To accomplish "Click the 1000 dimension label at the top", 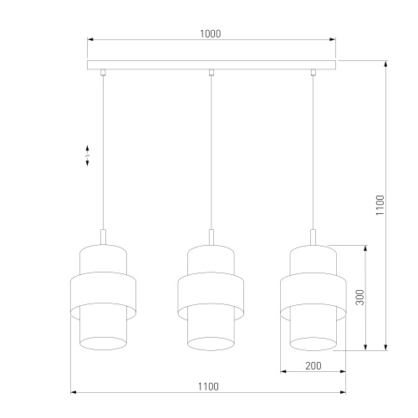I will (211, 33).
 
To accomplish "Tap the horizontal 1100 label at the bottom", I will (208, 385).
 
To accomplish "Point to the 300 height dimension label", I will (359, 298).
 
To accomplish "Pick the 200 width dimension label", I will (313, 365).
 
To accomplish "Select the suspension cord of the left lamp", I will (103, 150).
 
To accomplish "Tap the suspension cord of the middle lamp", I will (211, 150).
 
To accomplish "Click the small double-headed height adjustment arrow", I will (88, 156).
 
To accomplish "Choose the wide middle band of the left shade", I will (103, 293).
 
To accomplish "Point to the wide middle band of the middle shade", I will (211, 293).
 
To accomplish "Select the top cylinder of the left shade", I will (103, 258).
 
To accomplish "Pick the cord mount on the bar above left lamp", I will (103, 73).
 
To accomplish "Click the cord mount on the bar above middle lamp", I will (211, 73).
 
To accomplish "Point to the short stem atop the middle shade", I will (211, 237).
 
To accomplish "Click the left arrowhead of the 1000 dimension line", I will (90, 40).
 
